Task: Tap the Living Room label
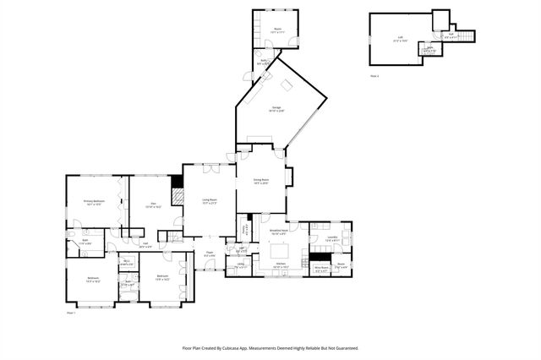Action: coord(209,201)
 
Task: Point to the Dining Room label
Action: coord(260,181)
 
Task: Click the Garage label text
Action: coord(276,108)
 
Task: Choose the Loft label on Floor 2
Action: coord(401,38)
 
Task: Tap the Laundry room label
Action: coord(334,238)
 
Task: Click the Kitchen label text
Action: coord(281,265)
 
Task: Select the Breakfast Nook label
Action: coord(280,231)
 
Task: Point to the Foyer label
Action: coord(210,253)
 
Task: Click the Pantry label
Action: coord(245,228)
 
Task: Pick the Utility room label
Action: coord(241,265)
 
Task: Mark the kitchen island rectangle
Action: coord(281,252)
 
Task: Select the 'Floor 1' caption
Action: coord(71,313)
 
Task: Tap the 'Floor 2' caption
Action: coord(374,75)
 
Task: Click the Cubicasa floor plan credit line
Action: coord(270,347)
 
